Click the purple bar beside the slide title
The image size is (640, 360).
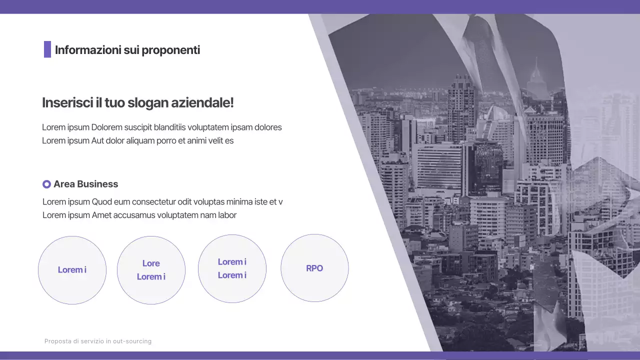47,49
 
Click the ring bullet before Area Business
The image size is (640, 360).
46,184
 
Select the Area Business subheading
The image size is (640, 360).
86,184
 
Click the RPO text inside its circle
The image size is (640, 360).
314,268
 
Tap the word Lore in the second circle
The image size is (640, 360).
151,263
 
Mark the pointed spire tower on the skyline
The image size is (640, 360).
536,72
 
